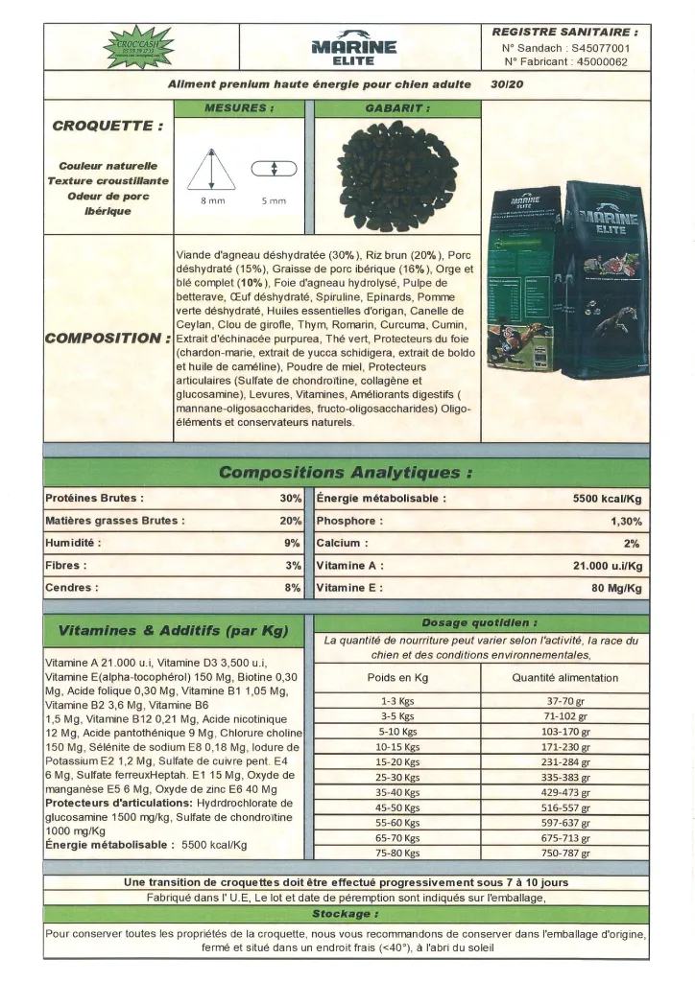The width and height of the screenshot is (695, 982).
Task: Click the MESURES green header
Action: pyautogui.click(x=239, y=108)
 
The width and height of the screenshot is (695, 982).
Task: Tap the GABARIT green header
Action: pyautogui.click(x=396, y=108)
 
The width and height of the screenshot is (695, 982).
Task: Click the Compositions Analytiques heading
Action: pyautogui.click(x=346, y=472)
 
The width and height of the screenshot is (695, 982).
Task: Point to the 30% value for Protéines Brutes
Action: pyautogui.click(x=291, y=499)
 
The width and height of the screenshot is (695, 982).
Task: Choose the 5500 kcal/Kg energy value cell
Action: pyautogui.click(x=607, y=499)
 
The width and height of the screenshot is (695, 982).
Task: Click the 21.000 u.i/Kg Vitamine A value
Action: pyautogui.click(x=607, y=566)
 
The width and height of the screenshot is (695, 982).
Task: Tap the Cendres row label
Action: pyautogui.click(x=70, y=588)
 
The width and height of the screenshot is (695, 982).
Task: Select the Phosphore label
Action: pyautogui.click(x=349, y=521)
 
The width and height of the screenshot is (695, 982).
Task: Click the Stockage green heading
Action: pyautogui.click(x=346, y=914)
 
